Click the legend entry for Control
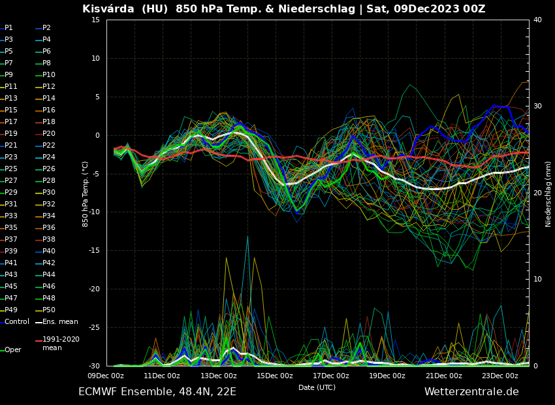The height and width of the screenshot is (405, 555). pos(16,322)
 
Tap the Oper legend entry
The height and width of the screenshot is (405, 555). pos(13,350)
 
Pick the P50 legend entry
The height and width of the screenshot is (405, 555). pos(49,310)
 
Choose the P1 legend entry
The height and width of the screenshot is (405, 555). pos(8,28)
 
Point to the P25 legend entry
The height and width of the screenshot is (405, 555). pos(11,169)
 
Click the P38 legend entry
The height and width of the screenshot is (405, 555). pos(49,240)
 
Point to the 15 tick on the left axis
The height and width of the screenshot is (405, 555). pos(95,20)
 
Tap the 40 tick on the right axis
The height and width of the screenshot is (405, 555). pos(537,20)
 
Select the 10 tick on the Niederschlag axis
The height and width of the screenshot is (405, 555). pos(537,280)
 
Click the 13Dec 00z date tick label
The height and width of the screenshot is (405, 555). pos(218,376)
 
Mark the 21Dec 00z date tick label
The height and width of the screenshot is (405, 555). pos(443,376)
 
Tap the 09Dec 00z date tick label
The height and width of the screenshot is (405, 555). pos(106,376)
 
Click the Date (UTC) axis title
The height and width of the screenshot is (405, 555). pos(317,388)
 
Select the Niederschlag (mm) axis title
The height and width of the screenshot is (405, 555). pos(548,193)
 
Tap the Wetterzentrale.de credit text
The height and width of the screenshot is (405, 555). pos(471,392)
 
